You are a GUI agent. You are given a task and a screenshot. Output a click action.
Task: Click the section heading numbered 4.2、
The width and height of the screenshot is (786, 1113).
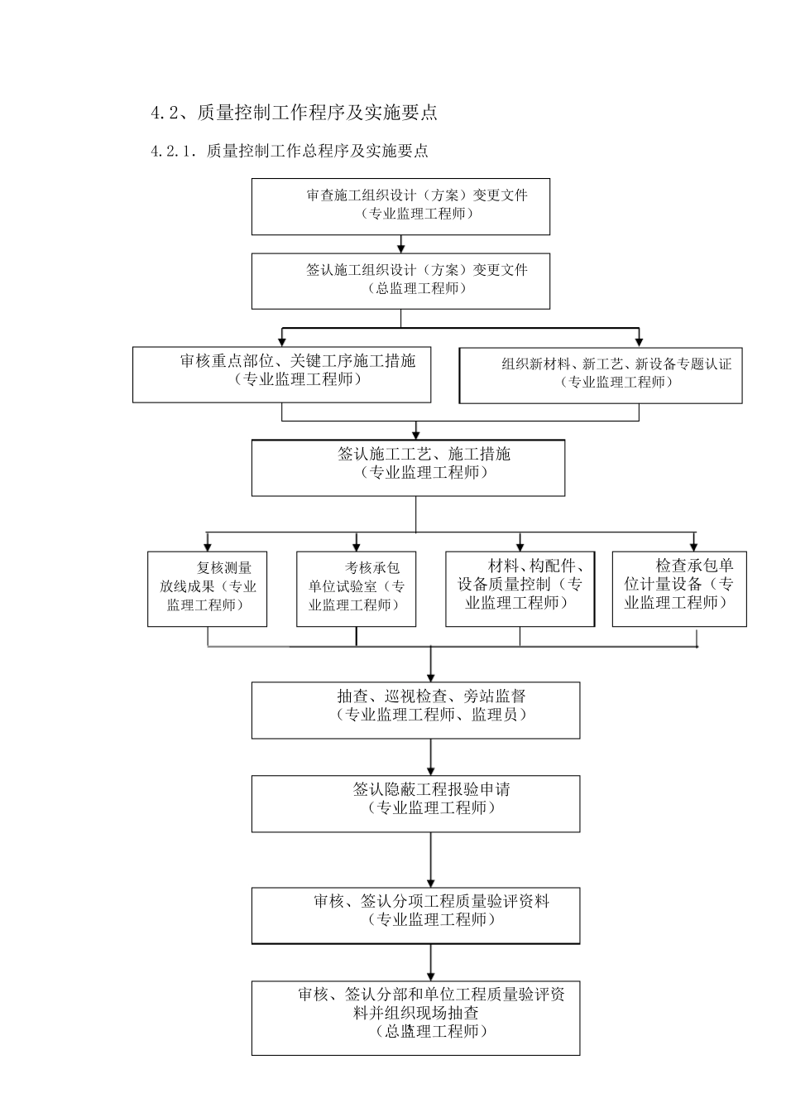click(x=294, y=113)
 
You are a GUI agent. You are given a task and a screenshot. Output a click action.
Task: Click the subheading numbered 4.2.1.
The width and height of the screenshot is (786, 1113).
click(x=290, y=151)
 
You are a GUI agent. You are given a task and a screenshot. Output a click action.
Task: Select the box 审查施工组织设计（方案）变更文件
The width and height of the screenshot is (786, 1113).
click(x=400, y=206)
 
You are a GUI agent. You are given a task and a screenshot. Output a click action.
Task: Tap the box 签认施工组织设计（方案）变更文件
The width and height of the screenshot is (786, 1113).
click(x=400, y=281)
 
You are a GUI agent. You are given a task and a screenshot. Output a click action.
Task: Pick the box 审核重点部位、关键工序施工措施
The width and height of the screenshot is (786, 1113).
click(x=281, y=374)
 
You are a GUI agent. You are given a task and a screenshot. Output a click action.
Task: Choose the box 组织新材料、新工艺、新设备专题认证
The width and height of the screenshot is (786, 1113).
click(x=600, y=375)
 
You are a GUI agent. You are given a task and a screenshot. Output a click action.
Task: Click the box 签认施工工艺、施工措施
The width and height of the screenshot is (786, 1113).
click(x=408, y=468)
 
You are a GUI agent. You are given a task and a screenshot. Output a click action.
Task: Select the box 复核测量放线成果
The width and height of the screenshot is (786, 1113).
click(x=207, y=589)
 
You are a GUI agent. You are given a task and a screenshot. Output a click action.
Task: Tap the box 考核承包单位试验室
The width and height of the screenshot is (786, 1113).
click(x=356, y=589)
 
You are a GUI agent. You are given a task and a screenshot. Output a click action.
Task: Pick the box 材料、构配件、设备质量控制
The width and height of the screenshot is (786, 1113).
click(x=520, y=589)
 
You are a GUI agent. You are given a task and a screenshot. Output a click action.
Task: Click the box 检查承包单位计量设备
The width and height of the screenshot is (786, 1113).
click(x=678, y=589)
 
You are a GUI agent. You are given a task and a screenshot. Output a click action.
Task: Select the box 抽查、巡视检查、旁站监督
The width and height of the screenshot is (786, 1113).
click(x=415, y=710)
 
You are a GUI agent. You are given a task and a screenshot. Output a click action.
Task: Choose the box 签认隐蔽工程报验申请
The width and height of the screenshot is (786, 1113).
click(x=415, y=803)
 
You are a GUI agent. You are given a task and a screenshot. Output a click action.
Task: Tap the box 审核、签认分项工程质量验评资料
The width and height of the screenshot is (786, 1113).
click(x=415, y=915)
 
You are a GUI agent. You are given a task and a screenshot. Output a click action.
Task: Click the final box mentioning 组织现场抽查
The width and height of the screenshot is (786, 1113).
click(x=415, y=1018)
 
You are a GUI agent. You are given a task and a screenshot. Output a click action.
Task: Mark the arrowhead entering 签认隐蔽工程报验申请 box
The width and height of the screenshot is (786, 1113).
click(x=431, y=769)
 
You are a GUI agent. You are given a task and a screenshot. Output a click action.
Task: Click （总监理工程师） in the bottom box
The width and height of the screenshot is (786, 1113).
click(x=431, y=1032)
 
